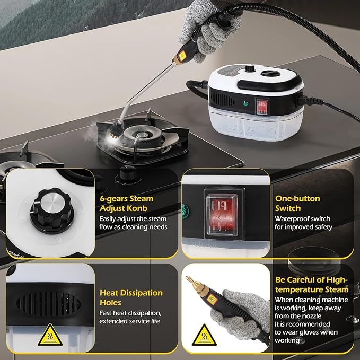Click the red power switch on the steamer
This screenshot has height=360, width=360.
coord(262,107)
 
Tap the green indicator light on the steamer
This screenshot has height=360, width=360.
coord(246,103)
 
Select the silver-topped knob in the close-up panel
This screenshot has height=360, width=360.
coord(52,210)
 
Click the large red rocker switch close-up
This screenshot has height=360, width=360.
coord(222,214)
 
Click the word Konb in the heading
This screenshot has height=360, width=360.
coord(137,208)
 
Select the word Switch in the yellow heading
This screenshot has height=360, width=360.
coord(288,208)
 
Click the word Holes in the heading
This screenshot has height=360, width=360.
coord(110,303)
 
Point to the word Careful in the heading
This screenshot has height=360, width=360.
coord(304,280)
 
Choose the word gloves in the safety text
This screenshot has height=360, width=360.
coord(310,332)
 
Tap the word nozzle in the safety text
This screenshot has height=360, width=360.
coord(310,316)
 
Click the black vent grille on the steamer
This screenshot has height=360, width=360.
coord(222,100)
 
